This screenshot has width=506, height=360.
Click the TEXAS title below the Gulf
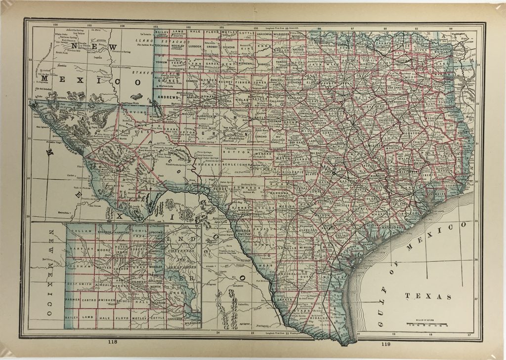tap(428, 297)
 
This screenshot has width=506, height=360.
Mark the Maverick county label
tap(244, 230)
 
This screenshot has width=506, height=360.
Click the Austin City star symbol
tap(335, 173)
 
